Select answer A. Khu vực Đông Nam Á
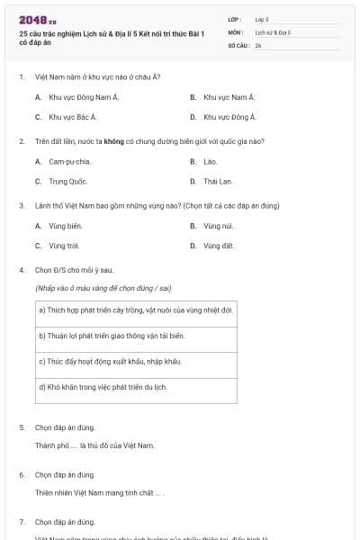[73, 96]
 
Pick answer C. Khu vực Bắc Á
[67, 116]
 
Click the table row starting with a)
[135, 310]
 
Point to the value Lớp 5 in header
[262, 19]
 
